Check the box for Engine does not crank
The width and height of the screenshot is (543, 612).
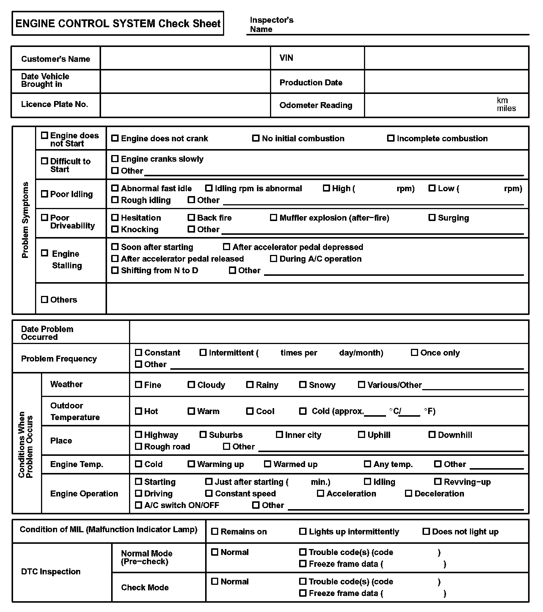[x=115, y=138]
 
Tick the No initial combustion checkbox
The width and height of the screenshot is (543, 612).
[x=256, y=138]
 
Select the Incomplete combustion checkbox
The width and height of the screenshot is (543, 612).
[x=391, y=138]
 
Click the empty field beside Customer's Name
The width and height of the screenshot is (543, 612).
[x=185, y=58]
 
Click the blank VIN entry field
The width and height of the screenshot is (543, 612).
[x=446, y=58]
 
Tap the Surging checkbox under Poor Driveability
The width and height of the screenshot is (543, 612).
[x=432, y=217]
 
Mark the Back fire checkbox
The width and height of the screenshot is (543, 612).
[x=191, y=217]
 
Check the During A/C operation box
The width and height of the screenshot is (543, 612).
[x=274, y=258]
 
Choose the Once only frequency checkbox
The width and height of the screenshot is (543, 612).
[x=414, y=353]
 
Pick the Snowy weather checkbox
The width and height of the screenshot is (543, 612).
[x=303, y=385]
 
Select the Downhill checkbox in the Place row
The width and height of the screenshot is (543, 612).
[x=432, y=435]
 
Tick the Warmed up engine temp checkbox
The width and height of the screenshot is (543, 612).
[x=267, y=464]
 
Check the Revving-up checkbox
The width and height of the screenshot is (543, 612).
[x=438, y=482]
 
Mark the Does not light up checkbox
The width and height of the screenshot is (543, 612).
[x=426, y=531]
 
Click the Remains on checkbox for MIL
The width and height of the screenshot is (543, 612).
[x=215, y=531]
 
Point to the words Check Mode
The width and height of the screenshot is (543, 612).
[x=145, y=587]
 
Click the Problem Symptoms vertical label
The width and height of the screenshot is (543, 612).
[x=25, y=220]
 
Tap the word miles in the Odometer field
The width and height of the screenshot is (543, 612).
[x=506, y=108]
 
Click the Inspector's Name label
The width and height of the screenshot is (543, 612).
[x=271, y=25]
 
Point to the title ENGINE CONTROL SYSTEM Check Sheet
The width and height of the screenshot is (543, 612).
[x=118, y=23]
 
